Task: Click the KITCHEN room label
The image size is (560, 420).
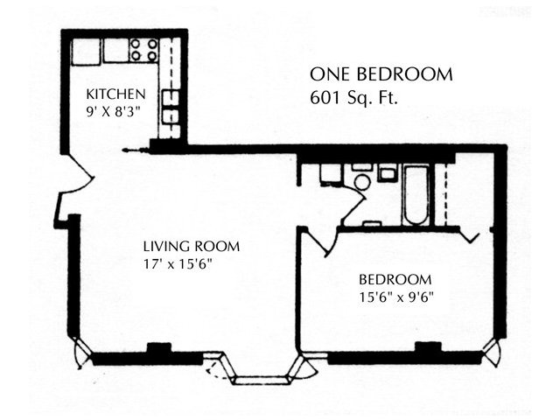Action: [116, 94]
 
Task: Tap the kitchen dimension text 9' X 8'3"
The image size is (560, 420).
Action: [112, 112]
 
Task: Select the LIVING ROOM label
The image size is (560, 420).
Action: [192, 247]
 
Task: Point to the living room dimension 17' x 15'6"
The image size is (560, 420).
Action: [178, 264]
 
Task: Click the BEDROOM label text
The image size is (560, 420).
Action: [395, 279]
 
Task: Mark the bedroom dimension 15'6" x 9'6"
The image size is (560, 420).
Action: [396, 297]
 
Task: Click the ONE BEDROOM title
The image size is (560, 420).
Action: [381, 74]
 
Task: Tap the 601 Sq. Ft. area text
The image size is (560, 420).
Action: [353, 97]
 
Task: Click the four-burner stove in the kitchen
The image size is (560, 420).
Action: [143, 50]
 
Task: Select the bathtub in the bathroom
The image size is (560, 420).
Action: [416, 195]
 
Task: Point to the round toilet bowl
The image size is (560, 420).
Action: [361, 182]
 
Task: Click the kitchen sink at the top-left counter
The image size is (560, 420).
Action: [86, 52]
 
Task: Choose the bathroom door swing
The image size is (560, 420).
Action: [353, 206]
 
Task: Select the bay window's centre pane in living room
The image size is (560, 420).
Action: [262, 380]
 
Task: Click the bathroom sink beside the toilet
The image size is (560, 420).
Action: [388, 173]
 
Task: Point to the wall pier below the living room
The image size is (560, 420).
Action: [159, 348]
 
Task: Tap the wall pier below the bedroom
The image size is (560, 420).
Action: [428, 347]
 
